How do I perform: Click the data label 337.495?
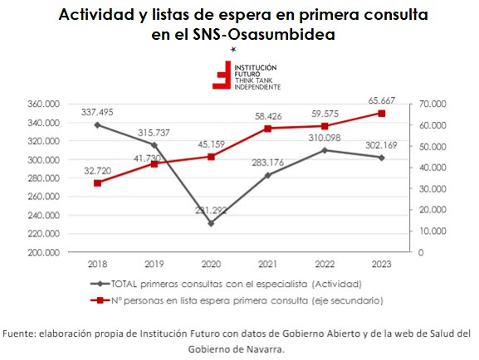point(97,112)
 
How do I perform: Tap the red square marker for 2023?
point(382,113)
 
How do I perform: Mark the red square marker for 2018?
point(97,182)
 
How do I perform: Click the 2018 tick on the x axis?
point(97,265)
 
